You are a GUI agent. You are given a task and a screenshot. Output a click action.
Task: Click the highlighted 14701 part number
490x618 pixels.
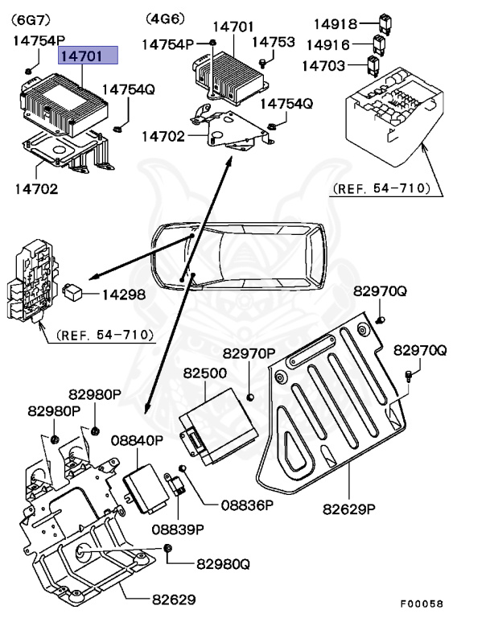click(81, 56)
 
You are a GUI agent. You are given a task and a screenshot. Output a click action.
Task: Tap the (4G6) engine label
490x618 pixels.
click(165, 19)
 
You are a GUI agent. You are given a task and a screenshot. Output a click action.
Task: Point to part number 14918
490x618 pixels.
click(335, 24)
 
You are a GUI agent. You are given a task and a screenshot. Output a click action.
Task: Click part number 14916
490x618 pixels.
click(328, 45)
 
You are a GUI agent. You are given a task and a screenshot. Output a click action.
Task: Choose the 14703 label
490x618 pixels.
click(323, 65)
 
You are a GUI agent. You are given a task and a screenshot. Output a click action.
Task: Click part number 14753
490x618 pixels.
click(274, 42)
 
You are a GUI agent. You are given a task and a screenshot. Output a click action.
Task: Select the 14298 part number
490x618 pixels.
click(124, 295)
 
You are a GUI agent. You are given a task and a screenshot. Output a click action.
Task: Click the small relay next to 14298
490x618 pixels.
click(72, 291)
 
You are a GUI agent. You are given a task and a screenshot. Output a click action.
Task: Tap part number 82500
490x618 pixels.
click(205, 373)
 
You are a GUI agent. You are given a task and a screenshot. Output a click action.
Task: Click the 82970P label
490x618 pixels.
click(249, 353)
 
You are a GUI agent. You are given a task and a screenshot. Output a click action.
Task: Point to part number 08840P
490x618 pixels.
click(137, 440)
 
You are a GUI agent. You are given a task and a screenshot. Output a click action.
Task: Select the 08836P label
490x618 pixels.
click(247, 505)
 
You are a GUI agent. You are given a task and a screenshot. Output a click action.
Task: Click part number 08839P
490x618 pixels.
click(178, 529)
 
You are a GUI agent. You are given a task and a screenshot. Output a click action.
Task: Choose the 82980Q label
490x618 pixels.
click(223, 564)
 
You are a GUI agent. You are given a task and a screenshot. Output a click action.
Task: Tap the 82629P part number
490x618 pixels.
click(349, 509)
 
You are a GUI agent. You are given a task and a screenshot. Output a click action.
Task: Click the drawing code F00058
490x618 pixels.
click(422, 604)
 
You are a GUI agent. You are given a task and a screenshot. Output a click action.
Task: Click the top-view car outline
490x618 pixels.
click(239, 257)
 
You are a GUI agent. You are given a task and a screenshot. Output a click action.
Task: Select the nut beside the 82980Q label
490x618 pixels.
click(167, 548)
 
